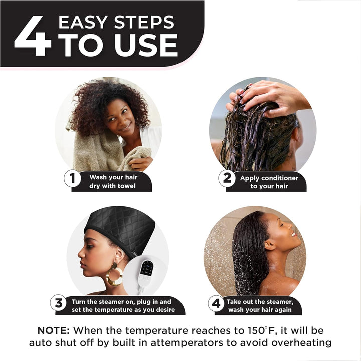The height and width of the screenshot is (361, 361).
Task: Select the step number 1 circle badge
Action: pyautogui.click(x=73, y=178)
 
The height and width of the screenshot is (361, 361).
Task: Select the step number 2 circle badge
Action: pyautogui.click(x=227, y=178)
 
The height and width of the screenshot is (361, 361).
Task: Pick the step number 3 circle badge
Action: pyautogui.click(x=59, y=303)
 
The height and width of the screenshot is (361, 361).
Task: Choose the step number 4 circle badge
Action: pyautogui.click(x=216, y=303)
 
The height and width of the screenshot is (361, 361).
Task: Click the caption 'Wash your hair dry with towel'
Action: pyautogui.click(x=113, y=182)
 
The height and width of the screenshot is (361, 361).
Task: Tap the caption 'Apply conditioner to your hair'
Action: pyautogui.click(x=269, y=182)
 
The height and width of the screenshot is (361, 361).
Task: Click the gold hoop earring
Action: pyautogui.click(x=114, y=275)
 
